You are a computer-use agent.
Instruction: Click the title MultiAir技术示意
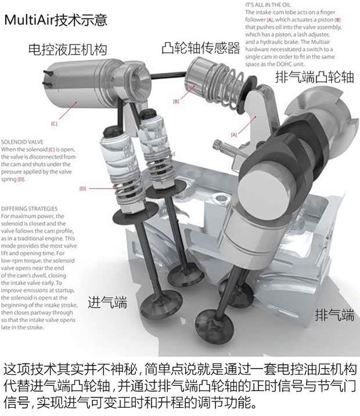tap(56, 20)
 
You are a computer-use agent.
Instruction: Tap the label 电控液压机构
tap(67, 49)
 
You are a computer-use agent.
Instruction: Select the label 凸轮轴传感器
tap(200, 48)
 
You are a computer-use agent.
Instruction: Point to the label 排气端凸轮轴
tap(314, 78)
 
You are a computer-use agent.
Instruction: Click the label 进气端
tap(107, 302)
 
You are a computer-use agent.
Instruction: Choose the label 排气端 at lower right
tap(334, 315)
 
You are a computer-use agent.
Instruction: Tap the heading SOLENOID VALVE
tap(22, 141)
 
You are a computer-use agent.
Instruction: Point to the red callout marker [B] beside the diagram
tap(176, 102)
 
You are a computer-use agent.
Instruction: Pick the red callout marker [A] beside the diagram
tap(235, 134)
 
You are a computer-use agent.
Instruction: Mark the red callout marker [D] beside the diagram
tap(82, 188)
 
